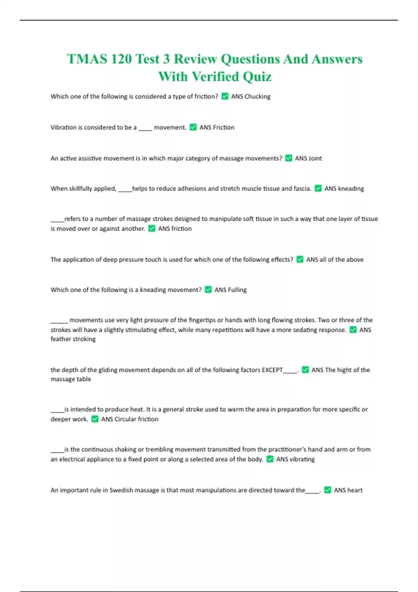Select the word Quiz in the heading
pyautogui.click(x=257, y=77)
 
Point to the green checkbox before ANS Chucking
pyautogui.click(x=225, y=96)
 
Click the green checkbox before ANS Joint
pyautogui.click(x=289, y=158)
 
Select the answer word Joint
pyautogui.click(x=315, y=158)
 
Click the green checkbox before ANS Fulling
pyautogui.click(x=208, y=289)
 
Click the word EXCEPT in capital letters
pyautogui.click(x=272, y=370)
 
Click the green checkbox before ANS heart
pyautogui.click(x=328, y=490)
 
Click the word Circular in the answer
pyautogui.click(x=125, y=419)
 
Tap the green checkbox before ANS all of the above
pyautogui.click(x=300, y=259)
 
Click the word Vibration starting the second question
pyautogui.click(x=63, y=127)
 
